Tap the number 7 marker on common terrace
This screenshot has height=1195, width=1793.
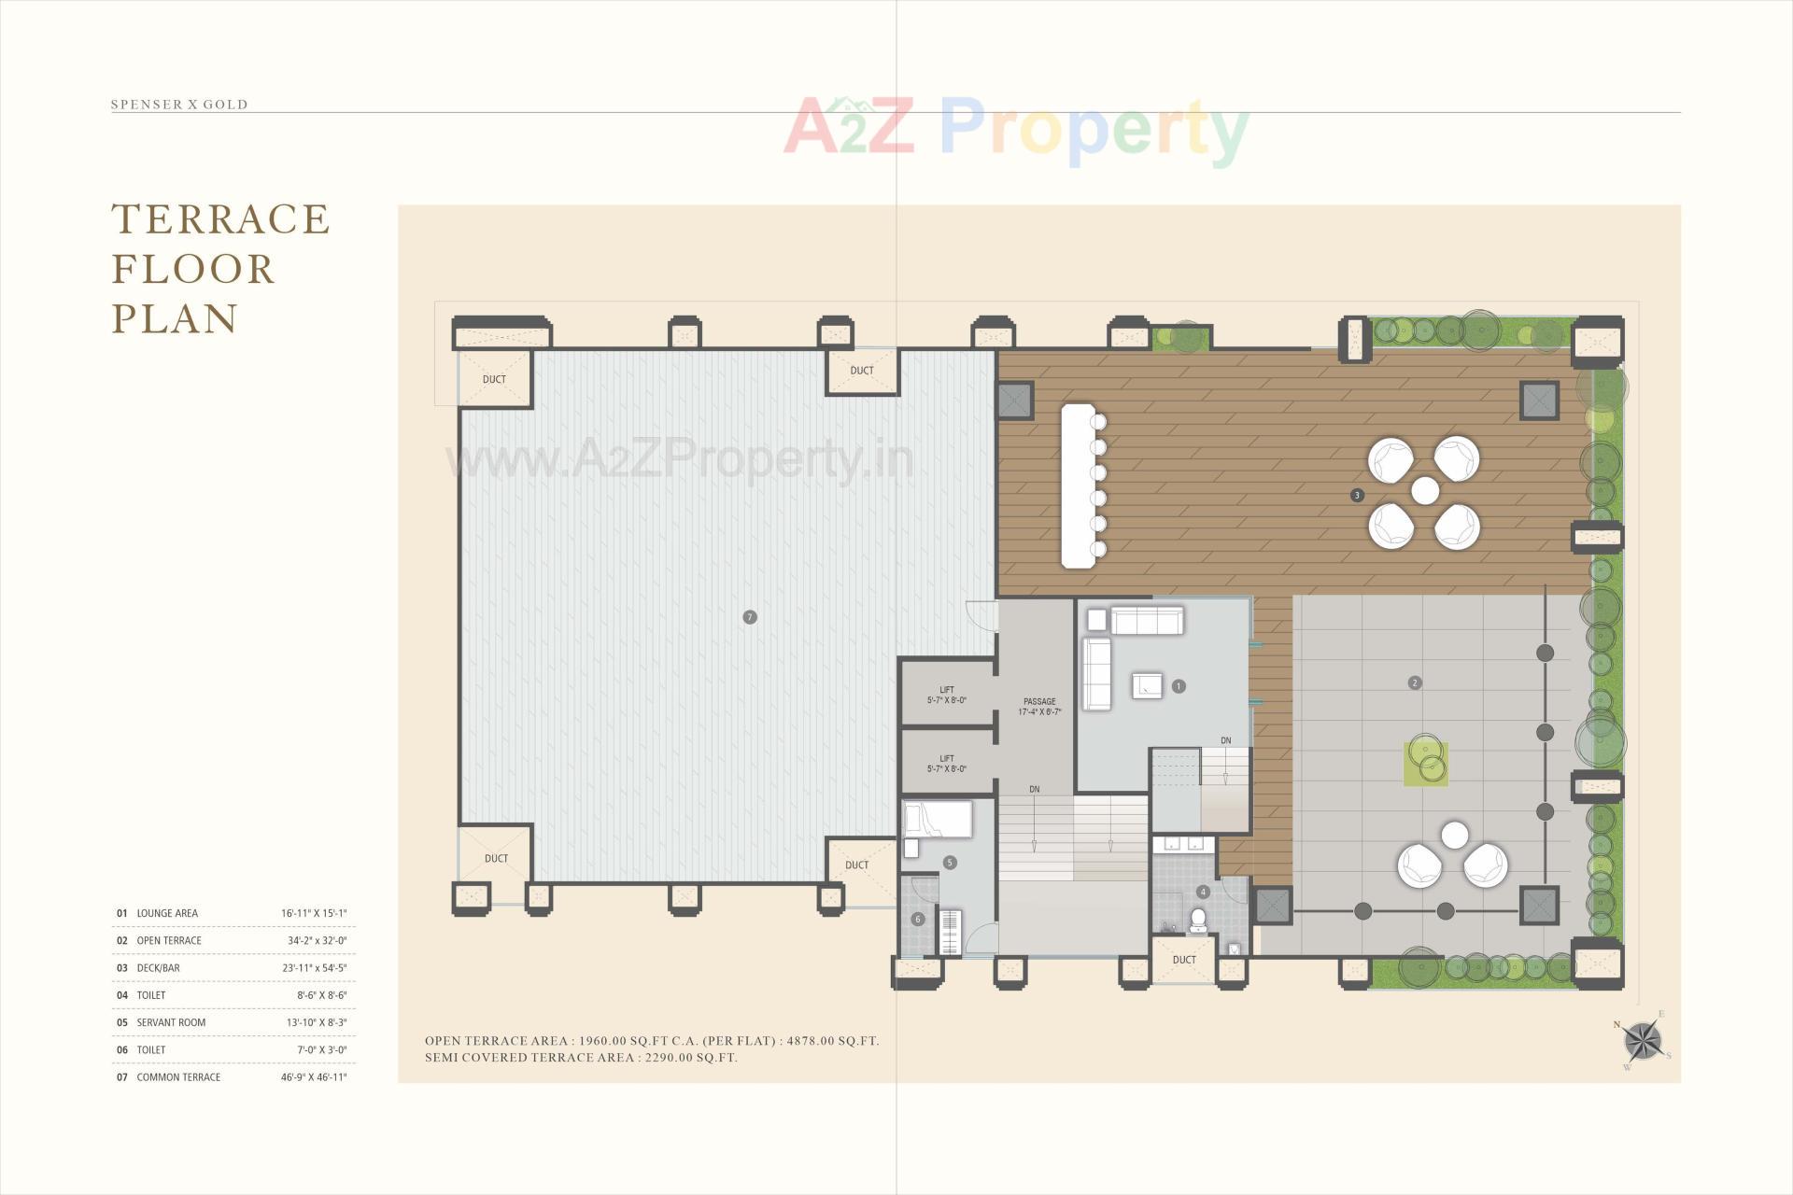749,617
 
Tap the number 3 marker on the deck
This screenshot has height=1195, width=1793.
1357,495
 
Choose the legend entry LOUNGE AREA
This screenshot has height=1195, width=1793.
167,913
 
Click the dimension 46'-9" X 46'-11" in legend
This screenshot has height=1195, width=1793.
314,1076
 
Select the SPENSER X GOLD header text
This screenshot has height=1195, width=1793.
179,105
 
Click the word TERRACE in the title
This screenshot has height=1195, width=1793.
220,219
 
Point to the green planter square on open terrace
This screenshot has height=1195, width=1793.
1426,763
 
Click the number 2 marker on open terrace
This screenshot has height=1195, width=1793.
1415,682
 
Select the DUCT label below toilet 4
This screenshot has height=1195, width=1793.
1184,960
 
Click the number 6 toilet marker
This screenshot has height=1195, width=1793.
918,920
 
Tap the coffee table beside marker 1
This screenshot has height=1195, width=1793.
1148,685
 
